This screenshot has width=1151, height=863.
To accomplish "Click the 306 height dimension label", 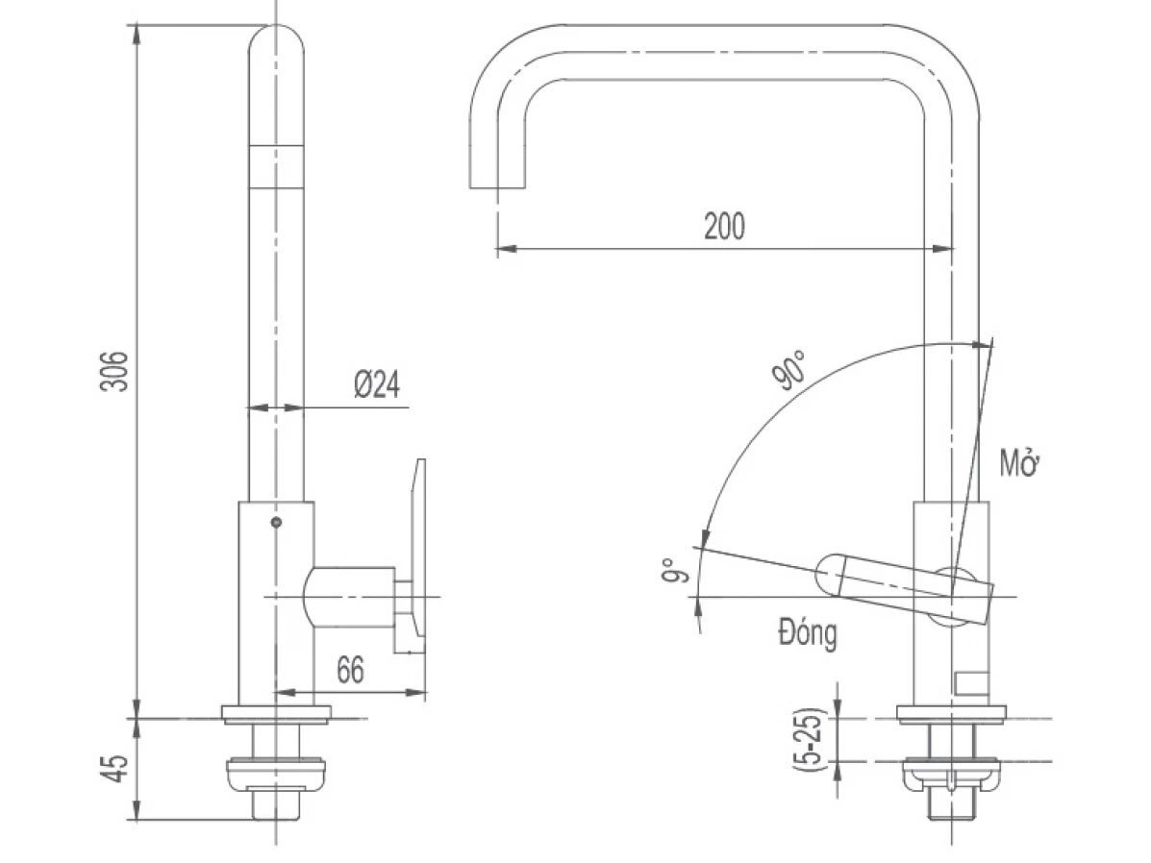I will [114, 370].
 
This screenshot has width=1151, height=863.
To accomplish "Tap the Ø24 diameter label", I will [376, 385].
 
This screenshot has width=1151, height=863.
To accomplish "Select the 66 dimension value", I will [351, 670].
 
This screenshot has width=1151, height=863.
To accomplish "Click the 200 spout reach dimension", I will [724, 227].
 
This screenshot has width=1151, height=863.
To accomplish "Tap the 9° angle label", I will [676, 571].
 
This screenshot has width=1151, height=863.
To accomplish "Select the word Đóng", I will [807, 635].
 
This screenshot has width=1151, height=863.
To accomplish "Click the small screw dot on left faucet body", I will [277, 523].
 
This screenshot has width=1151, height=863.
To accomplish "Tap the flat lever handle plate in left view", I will [415, 557].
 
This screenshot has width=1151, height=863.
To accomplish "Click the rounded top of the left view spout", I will [277, 43].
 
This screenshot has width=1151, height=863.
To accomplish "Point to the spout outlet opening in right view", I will [498, 185].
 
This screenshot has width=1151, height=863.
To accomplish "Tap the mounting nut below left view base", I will [277, 773].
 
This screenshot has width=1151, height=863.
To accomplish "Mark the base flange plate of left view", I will [277, 713].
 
